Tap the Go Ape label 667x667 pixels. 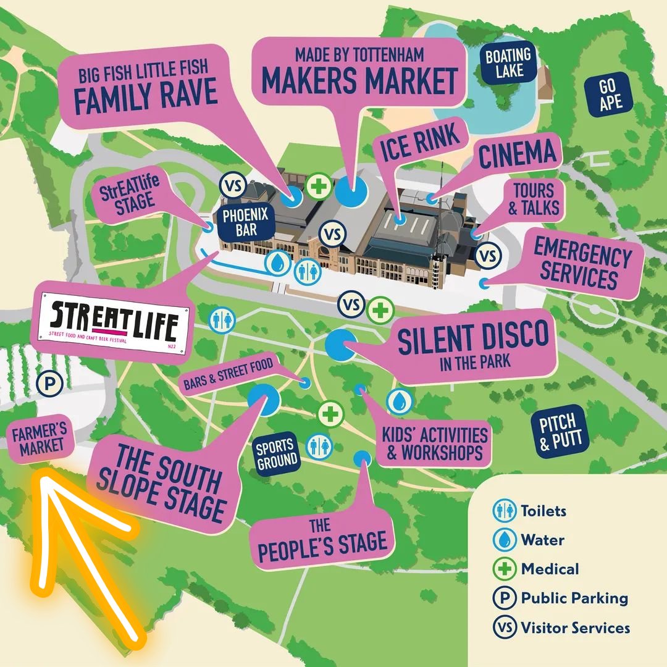(610, 94)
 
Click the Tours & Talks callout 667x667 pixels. (534, 199)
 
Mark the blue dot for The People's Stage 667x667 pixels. (363, 458)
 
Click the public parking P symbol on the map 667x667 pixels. (50, 384)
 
